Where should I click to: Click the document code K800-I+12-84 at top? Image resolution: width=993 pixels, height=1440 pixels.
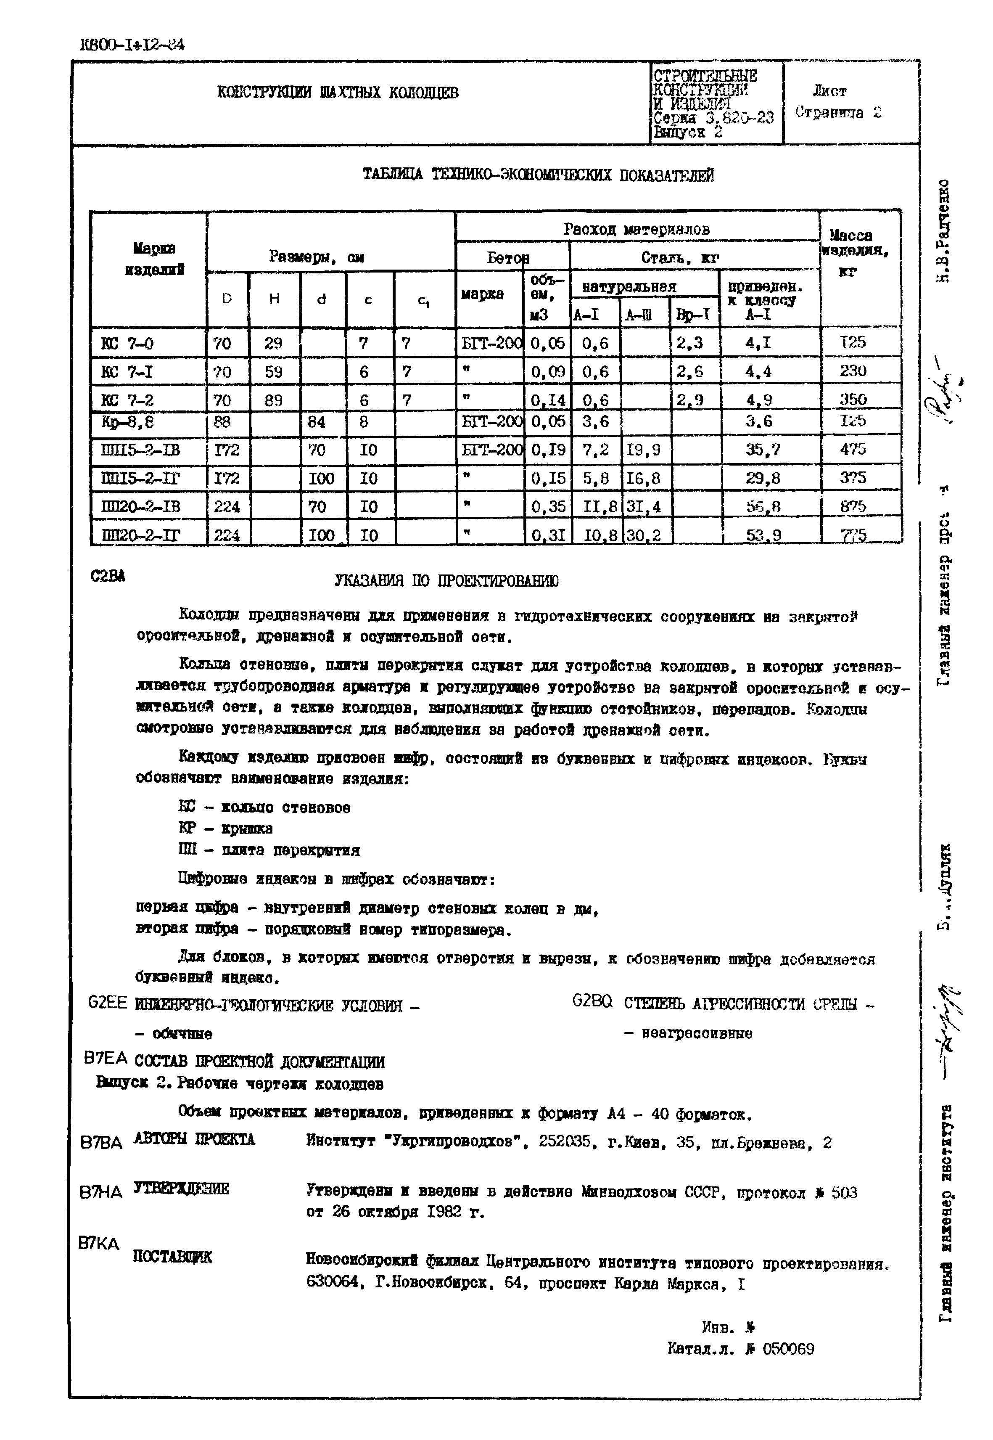click(132, 45)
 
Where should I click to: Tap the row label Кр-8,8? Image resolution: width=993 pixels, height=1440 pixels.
click(127, 423)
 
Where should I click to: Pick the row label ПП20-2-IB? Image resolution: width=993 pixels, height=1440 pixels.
click(140, 506)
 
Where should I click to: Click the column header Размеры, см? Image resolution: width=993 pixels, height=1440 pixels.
click(316, 257)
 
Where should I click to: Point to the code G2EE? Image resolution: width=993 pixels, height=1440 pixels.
click(107, 1003)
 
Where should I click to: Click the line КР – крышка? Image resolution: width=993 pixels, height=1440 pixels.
click(225, 828)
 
